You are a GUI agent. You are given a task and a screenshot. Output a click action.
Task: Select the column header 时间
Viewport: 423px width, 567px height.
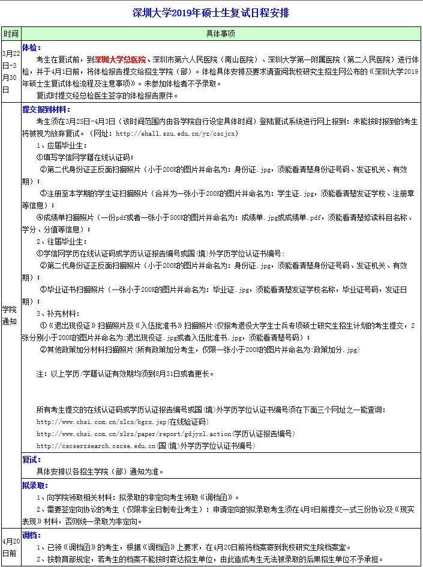click(10, 34)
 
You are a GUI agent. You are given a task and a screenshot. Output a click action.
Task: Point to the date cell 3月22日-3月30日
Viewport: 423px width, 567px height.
click(10, 71)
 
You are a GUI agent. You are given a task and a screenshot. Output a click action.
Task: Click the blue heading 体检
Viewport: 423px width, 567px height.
click(29, 46)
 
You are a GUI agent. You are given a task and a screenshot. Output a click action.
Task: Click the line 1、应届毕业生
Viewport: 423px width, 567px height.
click(60, 146)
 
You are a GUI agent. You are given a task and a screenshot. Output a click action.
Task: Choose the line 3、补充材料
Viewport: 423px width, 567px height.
click(57, 313)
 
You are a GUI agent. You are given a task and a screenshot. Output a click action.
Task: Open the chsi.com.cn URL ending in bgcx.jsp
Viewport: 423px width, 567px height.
click(96, 422)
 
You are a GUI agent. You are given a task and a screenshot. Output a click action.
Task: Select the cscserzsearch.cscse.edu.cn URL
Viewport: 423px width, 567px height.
click(95, 446)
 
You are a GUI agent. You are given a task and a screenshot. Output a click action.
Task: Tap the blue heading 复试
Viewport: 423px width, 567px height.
click(29, 459)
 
